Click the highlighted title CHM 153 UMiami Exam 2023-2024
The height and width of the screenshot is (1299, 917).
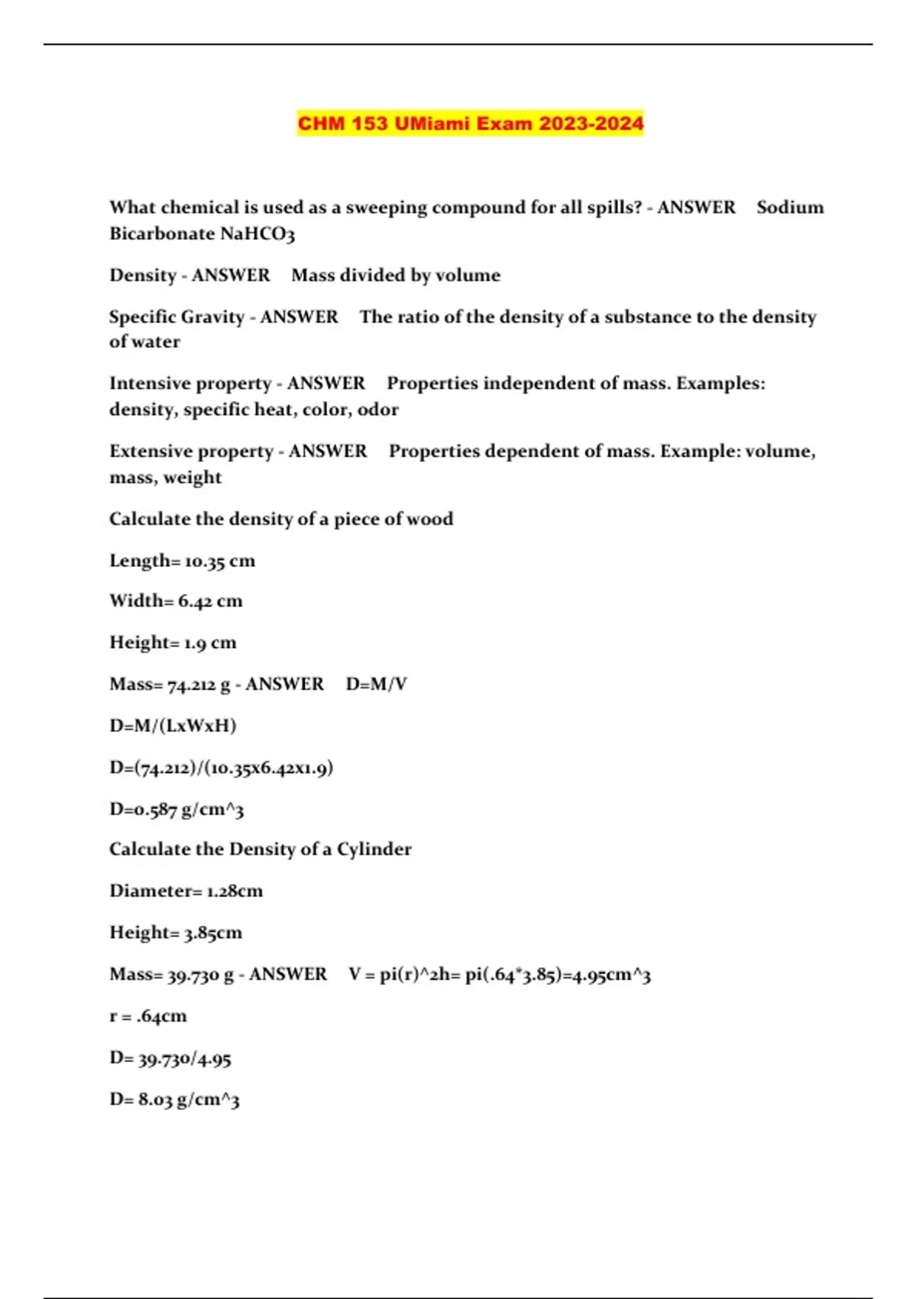pyautogui.click(x=470, y=123)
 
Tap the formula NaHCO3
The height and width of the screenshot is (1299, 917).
pyautogui.click(x=257, y=234)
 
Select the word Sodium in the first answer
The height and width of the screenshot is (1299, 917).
pyautogui.click(x=789, y=208)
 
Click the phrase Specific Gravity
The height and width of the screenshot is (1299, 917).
pyautogui.click(x=177, y=317)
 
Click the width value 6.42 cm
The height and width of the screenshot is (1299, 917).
pyautogui.click(x=209, y=601)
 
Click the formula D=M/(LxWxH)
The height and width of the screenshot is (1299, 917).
pyautogui.click(x=173, y=725)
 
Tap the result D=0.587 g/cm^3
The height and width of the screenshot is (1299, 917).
pyautogui.click(x=177, y=809)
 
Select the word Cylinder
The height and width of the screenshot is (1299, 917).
pyautogui.click(x=374, y=850)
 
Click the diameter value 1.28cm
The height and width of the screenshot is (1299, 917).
pyautogui.click(x=235, y=891)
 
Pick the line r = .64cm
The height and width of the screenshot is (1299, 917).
pyautogui.click(x=147, y=1016)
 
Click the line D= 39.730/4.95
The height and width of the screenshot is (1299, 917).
pyautogui.click(x=170, y=1059)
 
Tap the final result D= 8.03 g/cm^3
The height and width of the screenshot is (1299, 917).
pyautogui.click(x=174, y=1100)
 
